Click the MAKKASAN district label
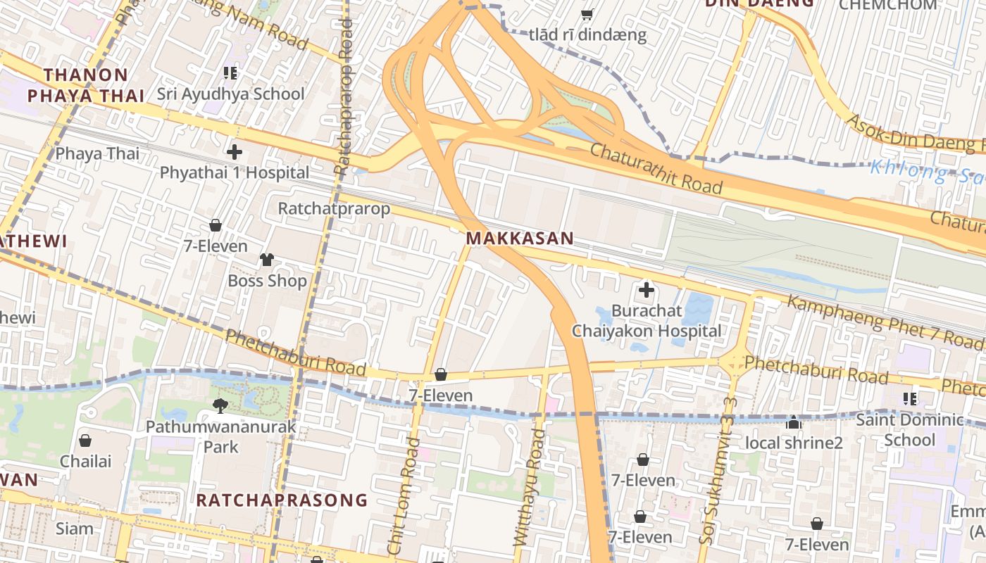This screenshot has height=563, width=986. click(520, 239)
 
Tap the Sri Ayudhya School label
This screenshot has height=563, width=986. click(230, 94)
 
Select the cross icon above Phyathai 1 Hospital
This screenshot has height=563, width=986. click(235, 151)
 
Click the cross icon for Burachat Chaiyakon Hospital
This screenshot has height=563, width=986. click(646, 289)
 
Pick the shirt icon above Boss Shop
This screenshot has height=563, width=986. click(266, 260)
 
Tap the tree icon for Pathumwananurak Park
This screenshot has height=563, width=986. click(220, 405)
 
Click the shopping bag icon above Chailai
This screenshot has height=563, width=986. click(85, 441)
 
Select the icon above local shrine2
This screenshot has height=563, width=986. click(794, 423)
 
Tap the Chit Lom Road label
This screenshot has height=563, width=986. click(404, 496)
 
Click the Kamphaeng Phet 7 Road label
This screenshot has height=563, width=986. click(884, 322)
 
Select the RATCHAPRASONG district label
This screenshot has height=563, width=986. click(282, 500)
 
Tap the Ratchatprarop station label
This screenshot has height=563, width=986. click(334, 209)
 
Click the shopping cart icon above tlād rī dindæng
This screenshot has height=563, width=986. click(587, 14)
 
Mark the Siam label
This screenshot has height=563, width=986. click(74, 529)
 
